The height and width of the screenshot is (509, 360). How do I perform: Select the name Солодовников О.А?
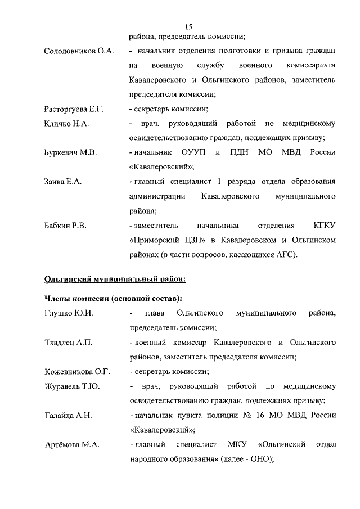(79, 52)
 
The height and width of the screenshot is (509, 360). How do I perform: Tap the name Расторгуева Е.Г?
(74, 109)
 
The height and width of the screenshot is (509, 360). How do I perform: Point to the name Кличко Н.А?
(66, 124)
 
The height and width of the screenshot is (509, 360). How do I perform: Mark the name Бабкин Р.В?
(67, 226)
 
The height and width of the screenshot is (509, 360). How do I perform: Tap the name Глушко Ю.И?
(68, 313)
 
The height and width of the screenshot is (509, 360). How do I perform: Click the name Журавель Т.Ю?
(72, 386)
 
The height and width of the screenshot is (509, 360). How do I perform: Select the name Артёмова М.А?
(71, 445)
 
